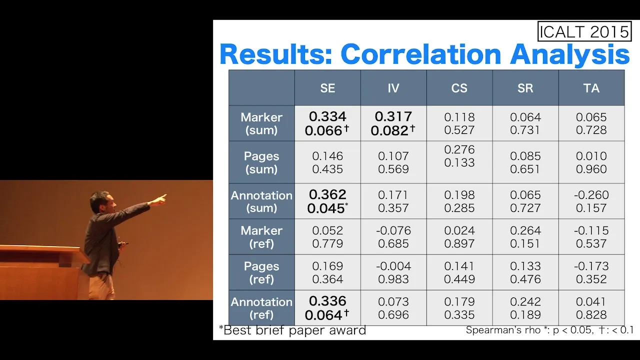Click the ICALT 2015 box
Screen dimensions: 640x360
pyautogui.click(x=584, y=31)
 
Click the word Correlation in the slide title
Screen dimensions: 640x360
pyautogui.click(x=421, y=54)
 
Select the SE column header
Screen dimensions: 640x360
pyautogui.click(x=327, y=88)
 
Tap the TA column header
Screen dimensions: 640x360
pyautogui.click(x=591, y=88)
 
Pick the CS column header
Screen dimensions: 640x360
pyautogui.click(x=459, y=88)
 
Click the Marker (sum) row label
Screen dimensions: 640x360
pyautogui.click(x=261, y=123)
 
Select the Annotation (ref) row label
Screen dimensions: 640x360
pyautogui.click(x=261, y=308)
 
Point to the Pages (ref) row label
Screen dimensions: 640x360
pyautogui.click(x=261, y=272)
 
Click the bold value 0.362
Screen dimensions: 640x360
pyautogui.click(x=327, y=194)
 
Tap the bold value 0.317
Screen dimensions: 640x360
pyautogui.click(x=393, y=116)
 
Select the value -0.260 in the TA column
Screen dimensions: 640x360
pyautogui.click(x=591, y=195)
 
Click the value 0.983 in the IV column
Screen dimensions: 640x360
pyautogui.click(x=393, y=279)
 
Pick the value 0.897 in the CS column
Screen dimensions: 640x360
pyautogui.click(x=459, y=243)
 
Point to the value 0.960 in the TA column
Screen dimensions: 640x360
pyautogui.click(x=591, y=169)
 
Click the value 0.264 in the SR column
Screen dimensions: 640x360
pyautogui.click(x=525, y=230)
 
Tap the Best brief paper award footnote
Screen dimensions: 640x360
pyautogui.click(x=292, y=330)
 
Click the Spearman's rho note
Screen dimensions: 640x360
pyautogui.click(x=549, y=330)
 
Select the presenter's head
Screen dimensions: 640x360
pyautogui.click(x=103, y=201)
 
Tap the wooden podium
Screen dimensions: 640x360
pyautogui.click(x=43, y=271)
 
